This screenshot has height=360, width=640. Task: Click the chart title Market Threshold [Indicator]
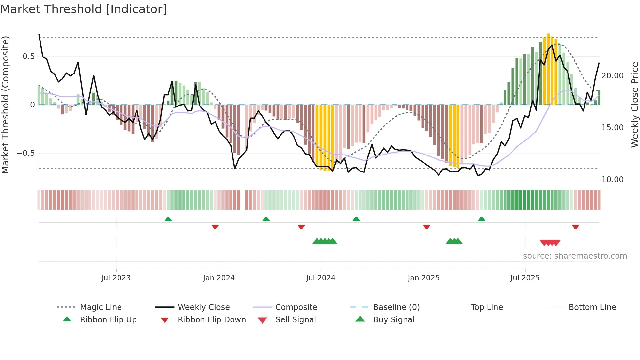pyautogui.click(x=84, y=9)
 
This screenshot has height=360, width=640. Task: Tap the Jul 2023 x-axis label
pyautogui.click(x=116, y=278)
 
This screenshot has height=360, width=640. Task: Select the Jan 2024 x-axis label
pyautogui.click(x=219, y=278)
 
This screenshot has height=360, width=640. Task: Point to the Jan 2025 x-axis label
pyautogui.click(x=424, y=278)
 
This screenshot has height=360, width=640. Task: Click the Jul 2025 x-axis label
pyautogui.click(x=525, y=278)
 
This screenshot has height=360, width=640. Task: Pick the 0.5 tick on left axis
pyautogui.click(x=28, y=57)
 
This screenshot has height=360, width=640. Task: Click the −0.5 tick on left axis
pyautogui.click(x=26, y=153)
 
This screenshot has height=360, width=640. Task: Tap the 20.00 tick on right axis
pyautogui.click(x=612, y=76)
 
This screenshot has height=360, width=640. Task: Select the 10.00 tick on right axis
pyautogui.click(x=612, y=180)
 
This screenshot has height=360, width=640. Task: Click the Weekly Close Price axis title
pyautogui.click(x=634, y=105)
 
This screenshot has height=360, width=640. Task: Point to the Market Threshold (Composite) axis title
pyautogui.click(x=6, y=105)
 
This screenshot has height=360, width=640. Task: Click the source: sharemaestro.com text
pyautogui.click(x=575, y=256)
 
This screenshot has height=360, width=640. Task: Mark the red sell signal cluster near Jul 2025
pyautogui.click(x=550, y=243)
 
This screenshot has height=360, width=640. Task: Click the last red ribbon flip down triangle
pyautogui.click(x=575, y=227)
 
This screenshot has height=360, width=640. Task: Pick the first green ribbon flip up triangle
pyautogui.click(x=168, y=219)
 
